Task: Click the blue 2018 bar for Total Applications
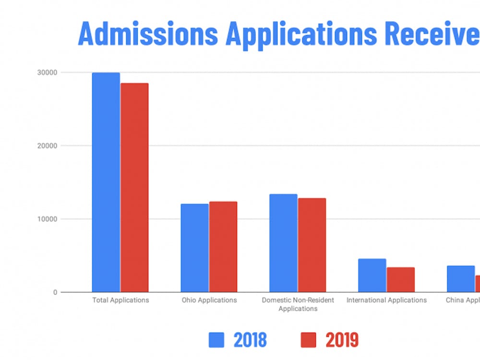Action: click(106, 182)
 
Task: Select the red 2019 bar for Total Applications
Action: click(134, 188)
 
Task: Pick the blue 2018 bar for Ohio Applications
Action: click(194, 248)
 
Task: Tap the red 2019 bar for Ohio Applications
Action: click(223, 247)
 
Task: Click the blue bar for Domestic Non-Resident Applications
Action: click(283, 243)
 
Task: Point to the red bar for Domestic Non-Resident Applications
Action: click(312, 245)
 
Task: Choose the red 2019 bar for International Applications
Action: click(401, 279)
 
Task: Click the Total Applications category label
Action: click(120, 300)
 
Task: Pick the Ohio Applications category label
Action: click(209, 300)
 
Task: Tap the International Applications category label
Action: click(386, 300)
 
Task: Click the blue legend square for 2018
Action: click(216, 340)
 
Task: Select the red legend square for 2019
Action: click(308, 340)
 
